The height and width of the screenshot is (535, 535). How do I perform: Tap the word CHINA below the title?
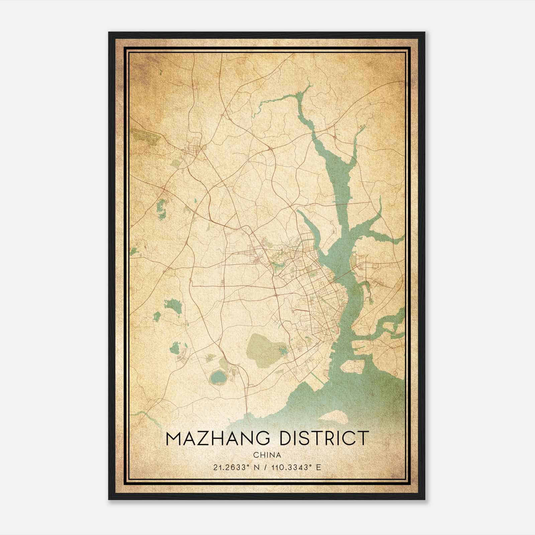(x=267, y=455)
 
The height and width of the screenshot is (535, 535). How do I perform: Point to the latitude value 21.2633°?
(x=232, y=467)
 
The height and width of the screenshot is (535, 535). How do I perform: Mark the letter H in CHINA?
(x=261, y=455)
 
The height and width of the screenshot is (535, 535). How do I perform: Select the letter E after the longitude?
(x=319, y=467)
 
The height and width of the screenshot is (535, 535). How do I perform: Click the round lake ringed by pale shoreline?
(x=218, y=378)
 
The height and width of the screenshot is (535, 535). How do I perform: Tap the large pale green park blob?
(x=264, y=348)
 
